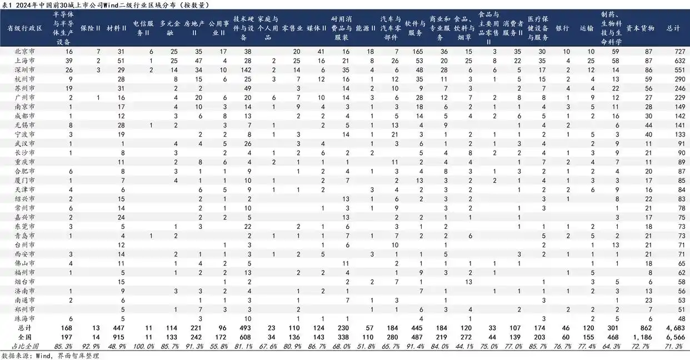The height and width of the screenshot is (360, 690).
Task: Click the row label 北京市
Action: (x=25, y=51)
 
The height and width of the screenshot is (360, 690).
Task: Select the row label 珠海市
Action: (x=25, y=318)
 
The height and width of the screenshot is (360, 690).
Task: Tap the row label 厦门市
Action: (x=25, y=181)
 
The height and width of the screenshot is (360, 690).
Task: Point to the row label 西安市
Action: (x=25, y=254)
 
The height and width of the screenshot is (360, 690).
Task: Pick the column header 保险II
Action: (x=91, y=27)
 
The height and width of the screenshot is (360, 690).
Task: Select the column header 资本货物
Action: (x=640, y=27)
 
